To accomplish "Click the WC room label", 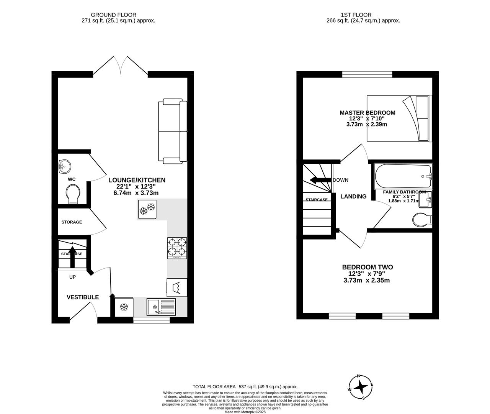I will coord(72,179).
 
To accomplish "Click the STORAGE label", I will coord(72,222).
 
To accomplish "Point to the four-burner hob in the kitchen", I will coord(177,248).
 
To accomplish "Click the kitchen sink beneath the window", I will coord(161,307).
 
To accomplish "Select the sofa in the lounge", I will coord(172,131).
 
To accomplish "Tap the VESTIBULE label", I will coord(83,297).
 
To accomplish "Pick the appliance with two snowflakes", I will coord(147,209).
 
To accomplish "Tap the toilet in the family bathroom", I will coord(422,220).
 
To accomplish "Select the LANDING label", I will coord(353,196).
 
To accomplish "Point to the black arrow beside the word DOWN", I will coord(320,180).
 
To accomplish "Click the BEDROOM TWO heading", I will coord(367,267).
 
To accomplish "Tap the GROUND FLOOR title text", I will coord(118,15).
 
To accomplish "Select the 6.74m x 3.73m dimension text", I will coord(136,193).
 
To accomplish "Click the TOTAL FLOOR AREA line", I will coord(245,387).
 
